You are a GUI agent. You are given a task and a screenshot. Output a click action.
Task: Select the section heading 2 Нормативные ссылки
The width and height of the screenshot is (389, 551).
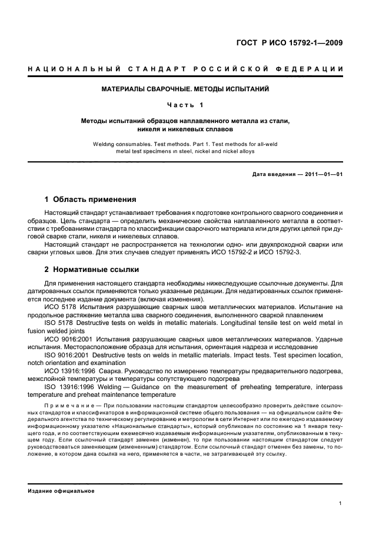coord(92,270)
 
